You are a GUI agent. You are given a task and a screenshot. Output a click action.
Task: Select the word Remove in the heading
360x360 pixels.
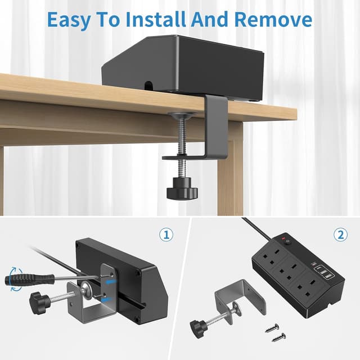tap(273, 19)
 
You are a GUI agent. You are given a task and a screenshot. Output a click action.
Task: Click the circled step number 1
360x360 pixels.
tap(165, 235)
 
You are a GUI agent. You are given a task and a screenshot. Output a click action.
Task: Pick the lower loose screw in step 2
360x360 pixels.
tap(279, 337)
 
